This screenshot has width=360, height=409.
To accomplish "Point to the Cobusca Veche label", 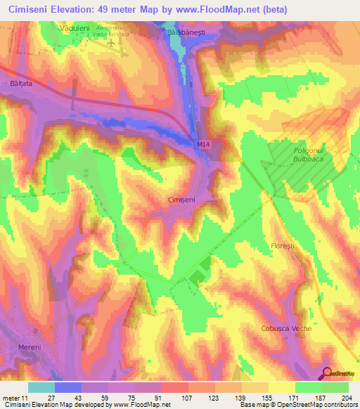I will pos(305,328).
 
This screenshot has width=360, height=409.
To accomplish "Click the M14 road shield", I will pos(202,144).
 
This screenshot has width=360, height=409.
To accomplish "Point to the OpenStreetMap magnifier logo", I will pos(327,374).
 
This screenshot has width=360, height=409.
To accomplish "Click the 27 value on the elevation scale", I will pos(51,398).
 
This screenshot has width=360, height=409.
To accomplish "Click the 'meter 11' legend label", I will pos(15,398).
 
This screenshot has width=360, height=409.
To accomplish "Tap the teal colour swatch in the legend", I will pos(41,387).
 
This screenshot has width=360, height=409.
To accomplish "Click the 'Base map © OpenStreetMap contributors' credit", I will pos(299,405).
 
